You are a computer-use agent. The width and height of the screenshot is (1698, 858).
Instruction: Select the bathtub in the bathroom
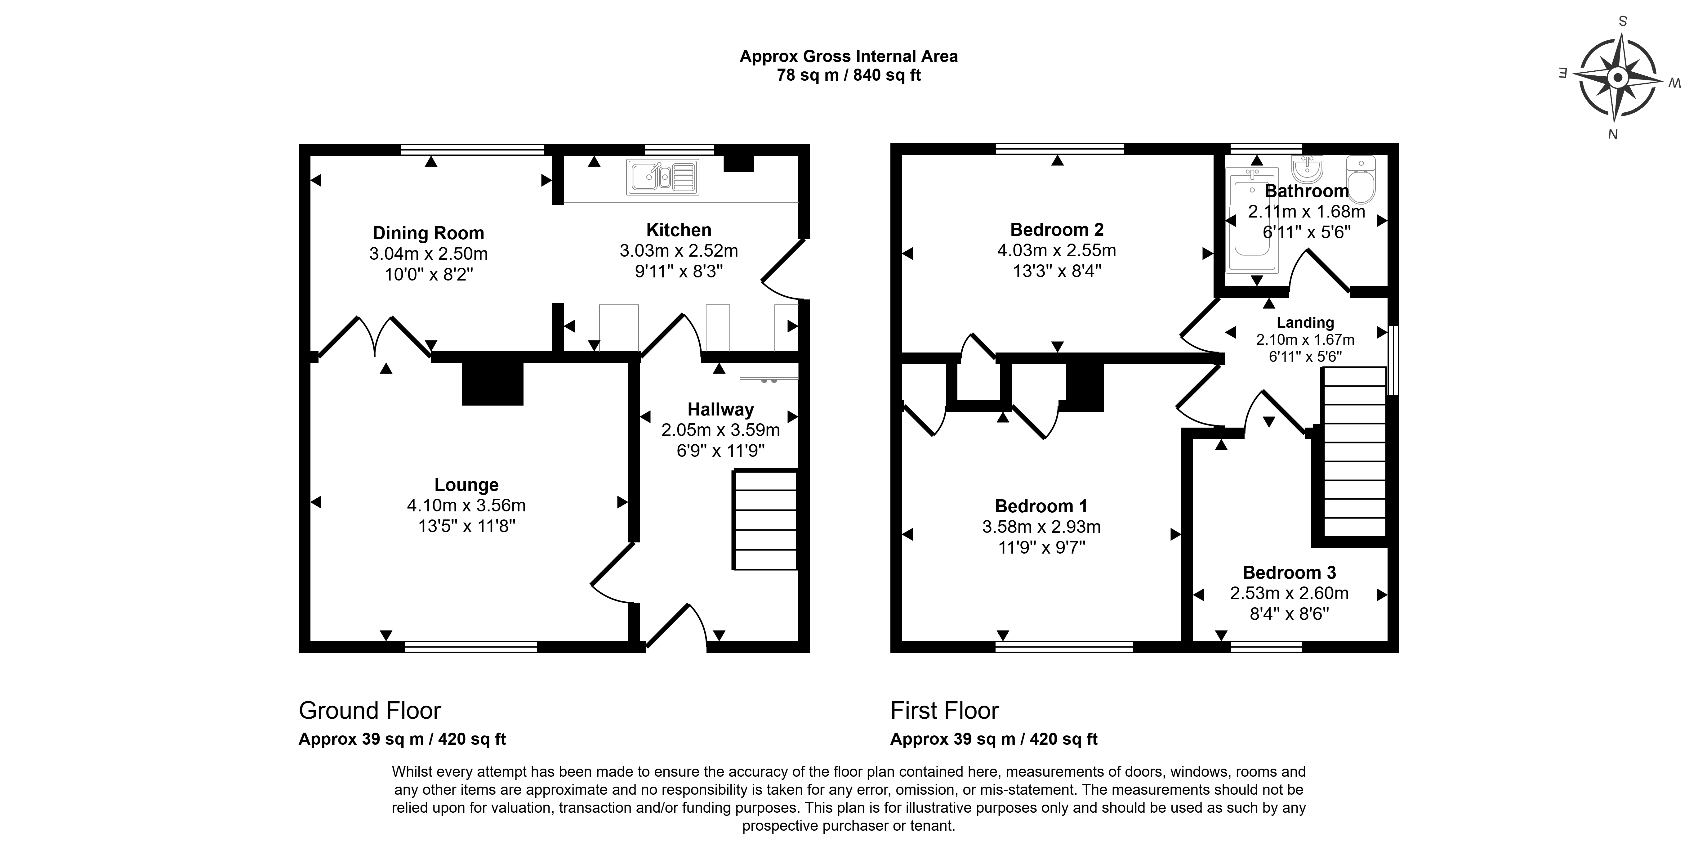(x=1252, y=220)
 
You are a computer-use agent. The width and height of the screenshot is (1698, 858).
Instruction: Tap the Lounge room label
(x=466, y=485)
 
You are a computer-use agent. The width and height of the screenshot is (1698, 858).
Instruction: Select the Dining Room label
(x=429, y=233)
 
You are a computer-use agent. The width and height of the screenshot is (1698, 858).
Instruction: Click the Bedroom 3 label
(x=1289, y=573)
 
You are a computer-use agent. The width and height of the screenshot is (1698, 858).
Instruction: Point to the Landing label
(x=1305, y=322)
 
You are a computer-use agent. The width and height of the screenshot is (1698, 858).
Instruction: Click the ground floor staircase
(x=765, y=519)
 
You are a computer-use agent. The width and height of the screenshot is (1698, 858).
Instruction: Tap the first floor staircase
(x=1353, y=452)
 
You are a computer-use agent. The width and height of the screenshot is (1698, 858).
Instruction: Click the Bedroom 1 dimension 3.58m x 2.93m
(x=1041, y=527)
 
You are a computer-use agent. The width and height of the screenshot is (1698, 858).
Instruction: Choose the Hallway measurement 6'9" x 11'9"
(x=720, y=451)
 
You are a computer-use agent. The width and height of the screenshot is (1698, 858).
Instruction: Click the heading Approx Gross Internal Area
(x=849, y=57)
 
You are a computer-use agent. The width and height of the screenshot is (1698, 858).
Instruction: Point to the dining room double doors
(x=375, y=338)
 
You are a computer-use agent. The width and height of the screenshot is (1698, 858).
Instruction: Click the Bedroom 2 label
(x=1057, y=230)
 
